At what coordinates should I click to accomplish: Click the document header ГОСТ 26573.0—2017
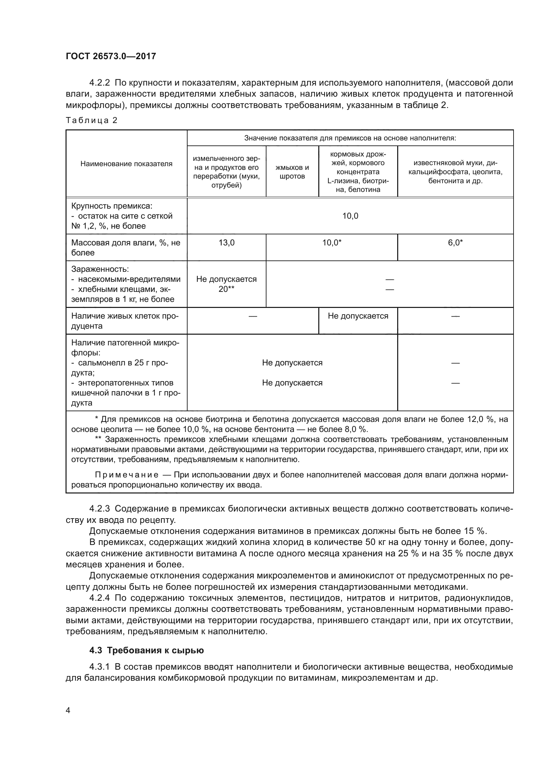pos(111,56)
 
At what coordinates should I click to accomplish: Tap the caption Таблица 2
pos(91,120)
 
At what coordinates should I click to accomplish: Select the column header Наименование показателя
pos(126,164)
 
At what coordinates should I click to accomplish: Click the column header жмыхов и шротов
pos(292,172)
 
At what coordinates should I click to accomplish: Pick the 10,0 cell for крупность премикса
pos(350,216)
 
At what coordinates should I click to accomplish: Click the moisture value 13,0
pos(226,242)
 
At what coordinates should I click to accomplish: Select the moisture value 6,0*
pos(455,242)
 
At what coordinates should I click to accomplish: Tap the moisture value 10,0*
pos(332,242)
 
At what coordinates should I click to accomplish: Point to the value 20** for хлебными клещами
pos(226,289)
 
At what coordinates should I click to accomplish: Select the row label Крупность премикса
pos(112,206)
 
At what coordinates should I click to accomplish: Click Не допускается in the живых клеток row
pos(358,316)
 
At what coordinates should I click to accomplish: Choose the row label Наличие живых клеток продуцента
pos(125,321)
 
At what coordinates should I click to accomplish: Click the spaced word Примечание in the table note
pos(127,475)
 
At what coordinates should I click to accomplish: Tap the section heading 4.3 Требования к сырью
pos(146,650)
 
